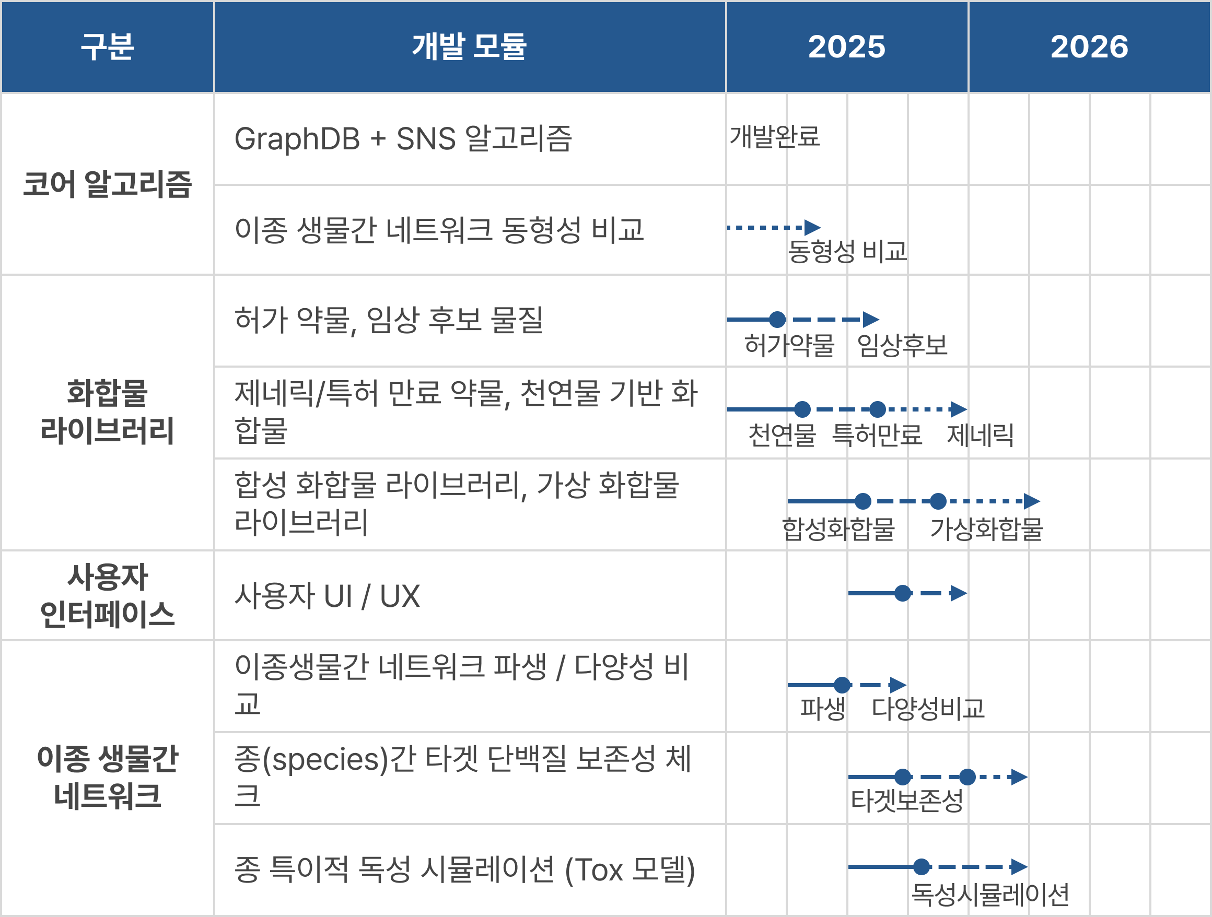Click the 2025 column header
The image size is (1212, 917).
coord(846,46)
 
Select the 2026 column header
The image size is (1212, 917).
coord(1089,46)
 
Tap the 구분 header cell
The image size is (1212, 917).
coord(108,46)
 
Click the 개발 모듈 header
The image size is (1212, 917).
coord(470,46)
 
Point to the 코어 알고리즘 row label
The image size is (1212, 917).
coord(108,184)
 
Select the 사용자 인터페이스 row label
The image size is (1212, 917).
coord(108,595)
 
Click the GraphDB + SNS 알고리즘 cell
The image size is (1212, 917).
coord(403,138)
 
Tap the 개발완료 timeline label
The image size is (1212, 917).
coord(774,136)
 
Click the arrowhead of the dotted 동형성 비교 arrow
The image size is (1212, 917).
coord(812,227)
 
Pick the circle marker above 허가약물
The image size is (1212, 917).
coord(777,320)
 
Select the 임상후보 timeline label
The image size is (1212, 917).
coord(902,346)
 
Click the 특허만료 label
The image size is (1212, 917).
coord(877,436)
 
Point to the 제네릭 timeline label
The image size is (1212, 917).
coord(980,436)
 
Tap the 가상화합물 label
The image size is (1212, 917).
coord(986,528)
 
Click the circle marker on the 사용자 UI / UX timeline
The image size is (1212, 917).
coord(902,593)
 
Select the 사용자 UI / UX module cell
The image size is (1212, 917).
coord(327,596)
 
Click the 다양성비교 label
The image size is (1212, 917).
coord(928,708)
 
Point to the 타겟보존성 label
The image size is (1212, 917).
coord(907,801)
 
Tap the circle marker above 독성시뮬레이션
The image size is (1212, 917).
coord(922,866)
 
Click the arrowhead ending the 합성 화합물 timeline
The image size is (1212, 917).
coord(1032,501)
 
